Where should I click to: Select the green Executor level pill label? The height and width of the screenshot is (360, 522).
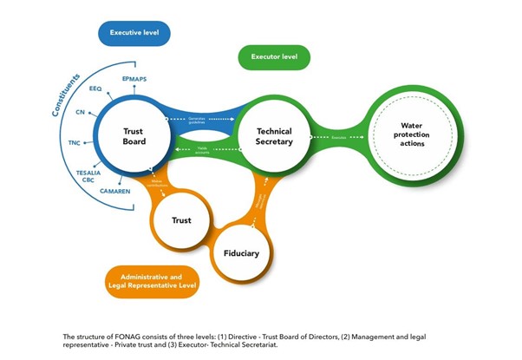tap(273, 58)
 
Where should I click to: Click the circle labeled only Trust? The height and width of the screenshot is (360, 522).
tap(181, 220)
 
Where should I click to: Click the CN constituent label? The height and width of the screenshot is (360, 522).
tap(81, 113)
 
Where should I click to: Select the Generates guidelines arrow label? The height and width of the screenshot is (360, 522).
tap(201, 120)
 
